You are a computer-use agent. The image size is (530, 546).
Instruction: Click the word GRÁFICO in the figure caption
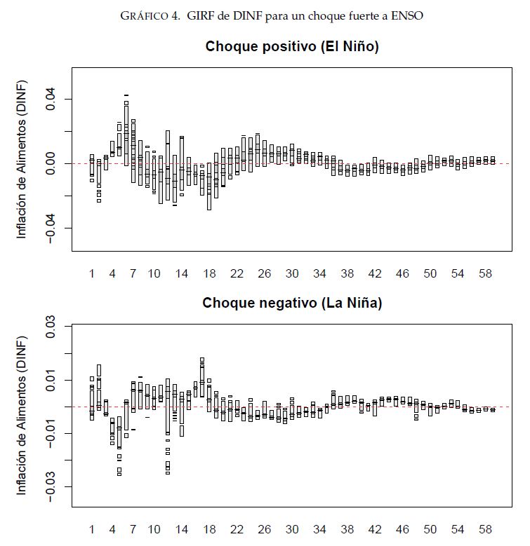(142, 15)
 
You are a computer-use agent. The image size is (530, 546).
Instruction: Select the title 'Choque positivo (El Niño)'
(292, 47)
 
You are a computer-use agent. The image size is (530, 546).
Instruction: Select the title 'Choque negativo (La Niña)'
(292, 303)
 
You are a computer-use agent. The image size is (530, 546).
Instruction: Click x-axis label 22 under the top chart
(237, 273)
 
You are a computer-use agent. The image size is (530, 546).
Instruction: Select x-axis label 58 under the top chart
(485, 273)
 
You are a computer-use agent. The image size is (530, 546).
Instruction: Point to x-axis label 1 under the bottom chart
(92, 529)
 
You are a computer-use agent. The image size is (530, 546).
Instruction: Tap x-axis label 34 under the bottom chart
(319, 529)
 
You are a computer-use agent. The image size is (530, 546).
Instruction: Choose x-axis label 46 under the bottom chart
(402, 529)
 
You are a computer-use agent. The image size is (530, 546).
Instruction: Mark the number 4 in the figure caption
(175, 15)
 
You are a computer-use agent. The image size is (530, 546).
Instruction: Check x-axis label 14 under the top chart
(182, 273)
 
